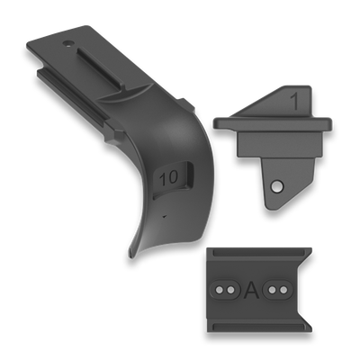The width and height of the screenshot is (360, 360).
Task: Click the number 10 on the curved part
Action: [x=166, y=179]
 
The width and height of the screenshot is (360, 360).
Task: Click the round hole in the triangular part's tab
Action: [x=277, y=186]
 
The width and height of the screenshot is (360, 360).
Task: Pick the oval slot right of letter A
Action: [x=281, y=289]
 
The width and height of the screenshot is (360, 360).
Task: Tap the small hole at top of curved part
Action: [x=67, y=42]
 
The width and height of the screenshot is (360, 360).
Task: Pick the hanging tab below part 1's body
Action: [x=274, y=184]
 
